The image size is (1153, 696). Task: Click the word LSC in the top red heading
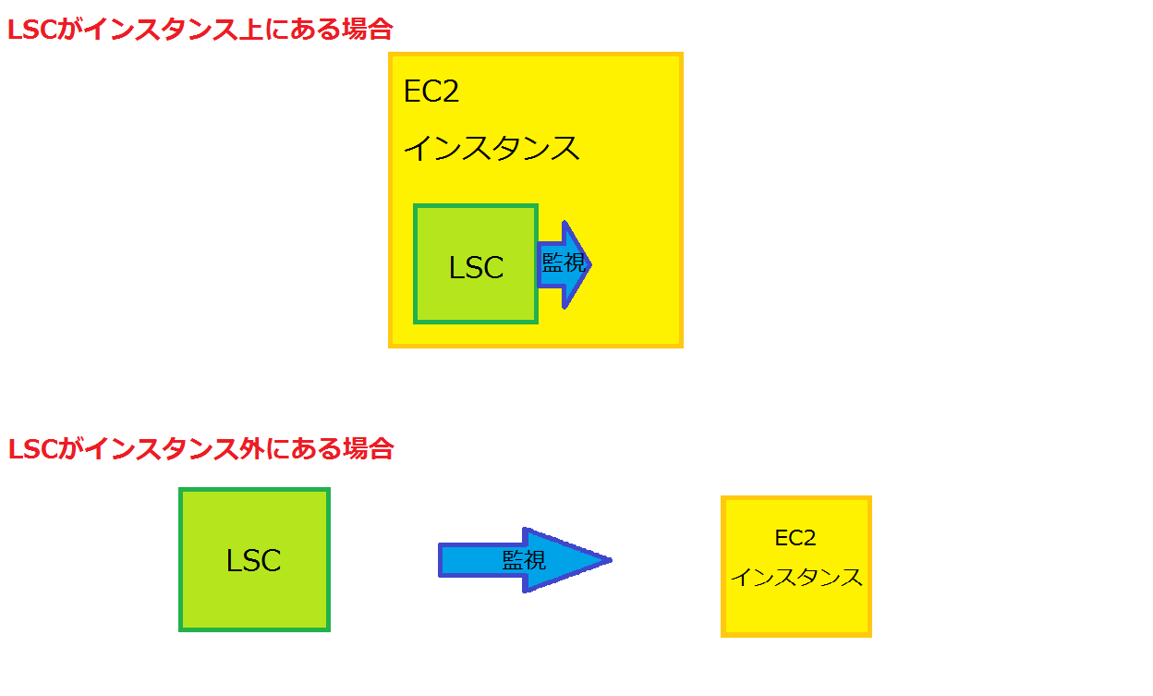[x=33, y=31]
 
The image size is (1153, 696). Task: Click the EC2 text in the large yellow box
[x=431, y=92]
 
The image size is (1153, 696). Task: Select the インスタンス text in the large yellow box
[x=492, y=148]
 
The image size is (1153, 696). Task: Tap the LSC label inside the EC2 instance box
[x=476, y=267]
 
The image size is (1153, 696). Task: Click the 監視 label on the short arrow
[x=564, y=263]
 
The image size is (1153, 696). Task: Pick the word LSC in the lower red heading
[x=33, y=449]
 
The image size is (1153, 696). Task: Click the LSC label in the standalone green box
[x=253, y=561]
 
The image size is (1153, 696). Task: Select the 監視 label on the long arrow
[x=524, y=559]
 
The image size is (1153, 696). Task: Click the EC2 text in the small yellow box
[x=795, y=538]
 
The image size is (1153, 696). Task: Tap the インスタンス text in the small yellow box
[x=796, y=578]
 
